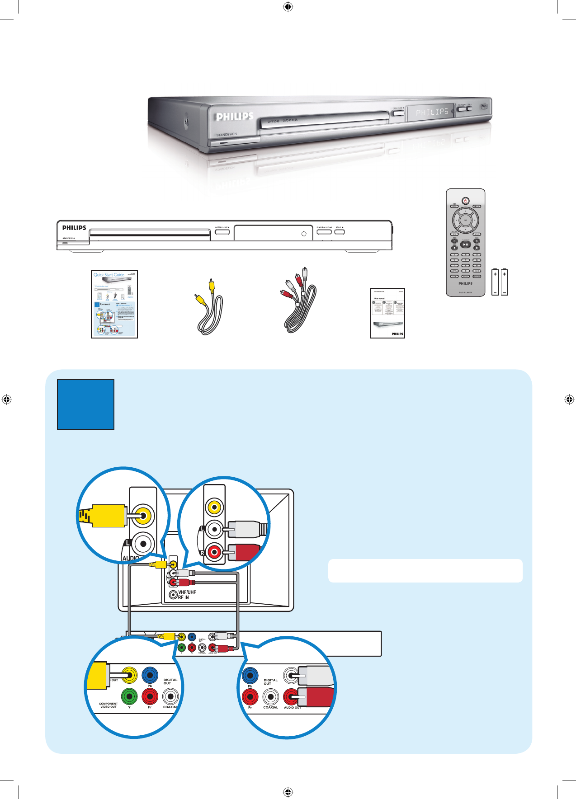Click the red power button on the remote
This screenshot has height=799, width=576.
click(465, 201)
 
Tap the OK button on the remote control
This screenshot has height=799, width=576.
click(465, 221)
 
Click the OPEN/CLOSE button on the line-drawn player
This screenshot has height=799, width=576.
click(222, 232)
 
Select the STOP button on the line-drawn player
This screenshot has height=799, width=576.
click(340, 232)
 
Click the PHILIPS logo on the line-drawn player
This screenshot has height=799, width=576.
click(74, 228)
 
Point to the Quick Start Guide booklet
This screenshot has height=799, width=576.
click(114, 304)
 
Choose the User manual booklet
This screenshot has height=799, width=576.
click(387, 313)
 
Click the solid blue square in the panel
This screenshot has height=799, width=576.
click(85, 404)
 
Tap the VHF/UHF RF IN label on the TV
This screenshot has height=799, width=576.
click(187, 595)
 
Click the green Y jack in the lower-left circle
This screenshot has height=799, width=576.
click(129, 696)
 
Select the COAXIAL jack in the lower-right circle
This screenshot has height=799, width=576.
click(270, 697)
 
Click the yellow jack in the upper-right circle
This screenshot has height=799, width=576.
click(214, 507)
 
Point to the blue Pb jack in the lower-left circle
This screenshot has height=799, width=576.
click(150, 676)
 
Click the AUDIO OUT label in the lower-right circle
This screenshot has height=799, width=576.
click(292, 708)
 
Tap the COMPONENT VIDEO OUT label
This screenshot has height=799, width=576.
click(109, 705)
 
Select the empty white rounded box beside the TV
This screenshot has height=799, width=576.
click(425, 571)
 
